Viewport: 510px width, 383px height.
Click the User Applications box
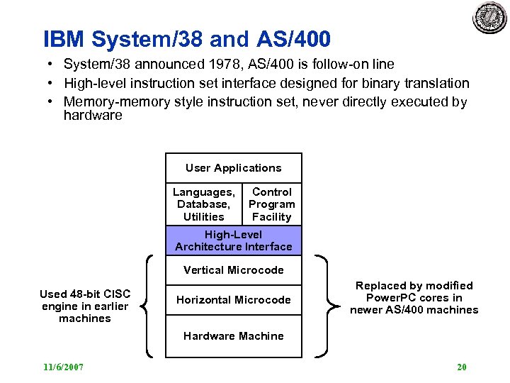(x=233, y=168)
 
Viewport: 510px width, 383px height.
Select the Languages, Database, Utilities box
(x=203, y=204)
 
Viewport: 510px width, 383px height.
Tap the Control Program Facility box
(x=271, y=204)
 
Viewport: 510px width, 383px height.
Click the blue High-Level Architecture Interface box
(x=233, y=240)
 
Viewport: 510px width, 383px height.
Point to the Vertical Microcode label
(x=233, y=270)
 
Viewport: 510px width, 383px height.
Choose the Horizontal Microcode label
(x=233, y=300)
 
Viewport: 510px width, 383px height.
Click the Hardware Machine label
(x=233, y=336)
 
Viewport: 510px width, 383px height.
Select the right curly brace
(x=325, y=306)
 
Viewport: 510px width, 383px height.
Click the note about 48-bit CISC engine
(x=84, y=306)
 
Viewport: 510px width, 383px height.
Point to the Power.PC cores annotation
(x=414, y=298)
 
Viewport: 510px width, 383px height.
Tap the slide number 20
(x=461, y=367)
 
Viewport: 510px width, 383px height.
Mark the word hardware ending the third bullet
(x=93, y=115)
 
